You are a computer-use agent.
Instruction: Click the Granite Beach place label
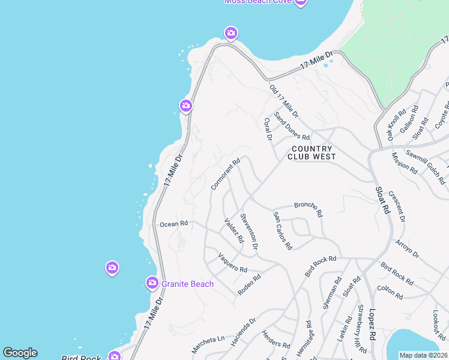(x=188, y=284)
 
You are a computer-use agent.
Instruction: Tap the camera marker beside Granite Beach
(x=152, y=282)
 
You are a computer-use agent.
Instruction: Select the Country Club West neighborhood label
(x=311, y=152)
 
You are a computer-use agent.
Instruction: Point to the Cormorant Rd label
(x=226, y=174)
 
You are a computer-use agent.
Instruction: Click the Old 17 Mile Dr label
(x=284, y=101)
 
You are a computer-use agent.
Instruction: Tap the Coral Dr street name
(x=268, y=129)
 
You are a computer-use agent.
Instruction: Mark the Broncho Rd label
(x=309, y=209)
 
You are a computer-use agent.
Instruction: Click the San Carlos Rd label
(x=282, y=230)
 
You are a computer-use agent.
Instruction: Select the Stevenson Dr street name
(x=249, y=231)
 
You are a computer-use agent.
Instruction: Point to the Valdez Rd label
(x=234, y=230)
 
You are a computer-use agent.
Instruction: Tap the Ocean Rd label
(x=174, y=224)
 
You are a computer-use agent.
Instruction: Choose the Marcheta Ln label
(x=208, y=344)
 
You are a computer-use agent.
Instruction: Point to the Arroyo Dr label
(x=407, y=249)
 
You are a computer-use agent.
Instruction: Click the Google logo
(x=20, y=353)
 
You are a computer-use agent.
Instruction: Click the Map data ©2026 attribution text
(x=423, y=355)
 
